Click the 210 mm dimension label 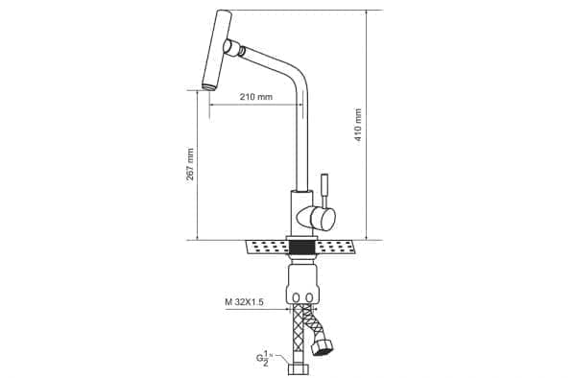256,97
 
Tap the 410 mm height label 358,125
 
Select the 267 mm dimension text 190,164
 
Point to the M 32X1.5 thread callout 244,302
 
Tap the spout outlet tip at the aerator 209,87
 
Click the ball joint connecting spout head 232,48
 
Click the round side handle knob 323,218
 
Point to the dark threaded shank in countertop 302,247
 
